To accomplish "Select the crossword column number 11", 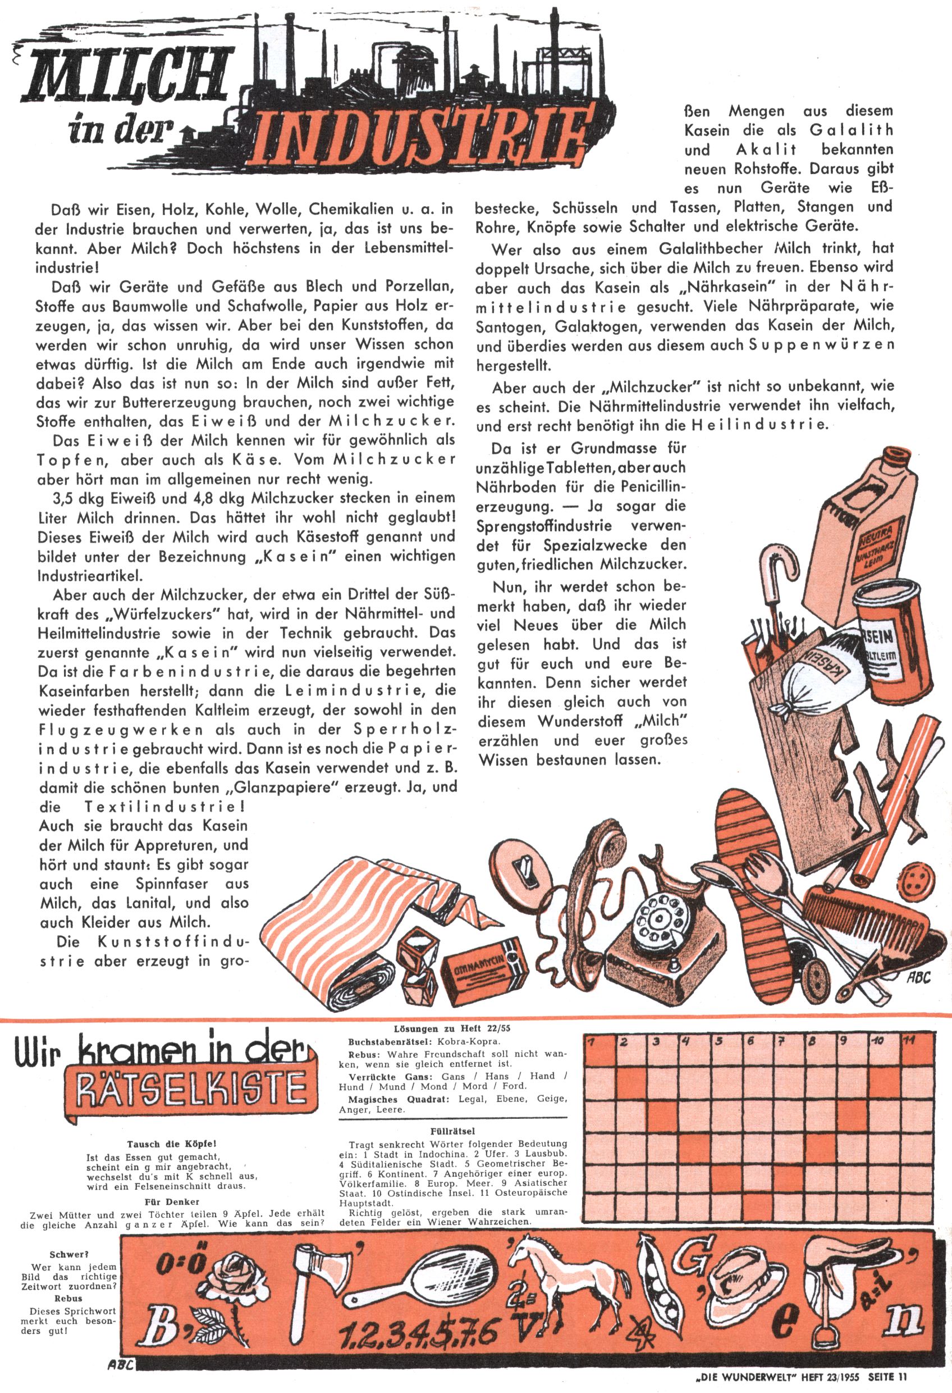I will [x=909, y=1041].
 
